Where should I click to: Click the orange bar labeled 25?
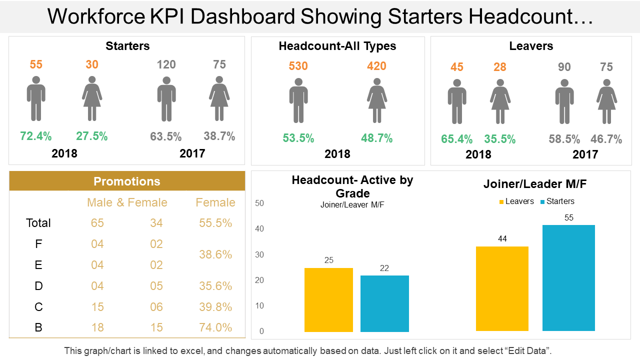pos(328,300)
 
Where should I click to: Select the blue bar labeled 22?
pos(384,303)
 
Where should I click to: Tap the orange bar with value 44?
pos(502,288)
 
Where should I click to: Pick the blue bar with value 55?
pos(568,278)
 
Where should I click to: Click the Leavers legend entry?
pos(516,201)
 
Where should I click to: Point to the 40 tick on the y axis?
pos(259,229)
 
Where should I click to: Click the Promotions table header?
pos(127,181)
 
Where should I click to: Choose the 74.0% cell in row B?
pos(215,327)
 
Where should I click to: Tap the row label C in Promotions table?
pos(38,306)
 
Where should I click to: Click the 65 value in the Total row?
pos(97,223)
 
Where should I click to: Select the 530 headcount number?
pos(298,66)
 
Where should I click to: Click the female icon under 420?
pos(377,100)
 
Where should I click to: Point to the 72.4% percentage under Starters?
pos(36,136)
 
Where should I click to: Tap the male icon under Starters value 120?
pos(166,99)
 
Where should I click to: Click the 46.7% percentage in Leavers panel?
pos(606,139)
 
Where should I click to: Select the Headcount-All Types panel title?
pos(337,46)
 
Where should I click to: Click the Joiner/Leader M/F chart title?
pos(534,184)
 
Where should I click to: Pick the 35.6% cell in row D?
pos(215,286)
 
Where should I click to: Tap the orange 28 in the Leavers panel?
pos(500,67)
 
